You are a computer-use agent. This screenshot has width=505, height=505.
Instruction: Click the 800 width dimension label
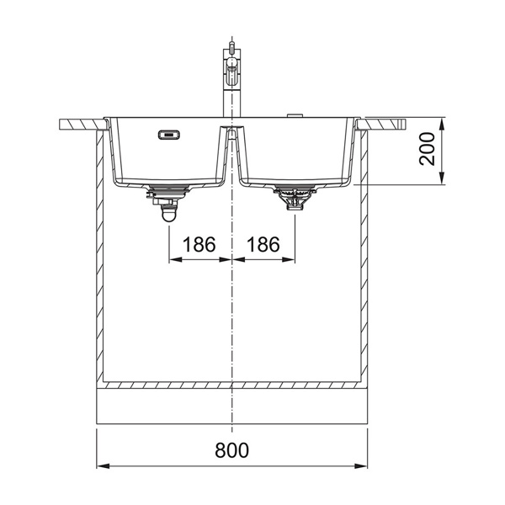coord(232,450)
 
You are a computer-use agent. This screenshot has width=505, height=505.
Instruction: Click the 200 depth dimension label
coord(427,149)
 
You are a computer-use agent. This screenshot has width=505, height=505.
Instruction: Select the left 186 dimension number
coord(199,244)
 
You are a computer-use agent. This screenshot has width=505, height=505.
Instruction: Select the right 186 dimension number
coord(263,244)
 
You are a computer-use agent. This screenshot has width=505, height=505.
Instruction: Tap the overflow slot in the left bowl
coord(169,135)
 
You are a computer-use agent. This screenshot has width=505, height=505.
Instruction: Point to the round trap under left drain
coord(169,214)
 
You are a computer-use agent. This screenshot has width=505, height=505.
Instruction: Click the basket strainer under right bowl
coord(295,197)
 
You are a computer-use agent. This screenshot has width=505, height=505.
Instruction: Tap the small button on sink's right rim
coord(295,115)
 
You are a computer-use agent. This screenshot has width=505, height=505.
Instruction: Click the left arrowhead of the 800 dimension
coord(103,466)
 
